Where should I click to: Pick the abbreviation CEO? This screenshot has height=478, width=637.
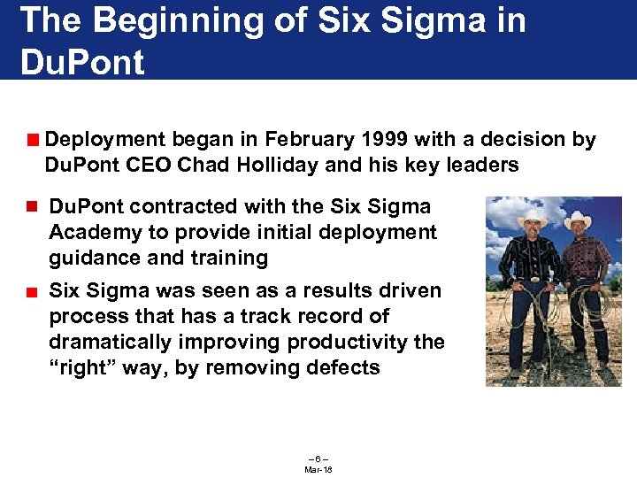[146, 165]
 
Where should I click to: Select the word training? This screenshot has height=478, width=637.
[228, 258]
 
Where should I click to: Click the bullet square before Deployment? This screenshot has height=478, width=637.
[32, 140]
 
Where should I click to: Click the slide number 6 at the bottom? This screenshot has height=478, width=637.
[318, 458]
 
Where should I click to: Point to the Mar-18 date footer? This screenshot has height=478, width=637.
[318, 469]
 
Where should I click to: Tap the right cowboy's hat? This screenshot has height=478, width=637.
[579, 220]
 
